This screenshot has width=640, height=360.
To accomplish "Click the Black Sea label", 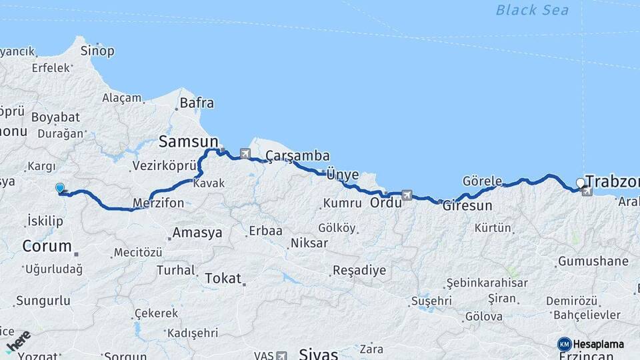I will tap(532, 10).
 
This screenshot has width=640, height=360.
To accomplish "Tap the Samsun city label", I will tap(188, 141).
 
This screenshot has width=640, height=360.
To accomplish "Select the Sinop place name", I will tap(97, 51).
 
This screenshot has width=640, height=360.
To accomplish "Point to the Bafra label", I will tap(197, 103).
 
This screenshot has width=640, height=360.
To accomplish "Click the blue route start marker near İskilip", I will tap(60, 189).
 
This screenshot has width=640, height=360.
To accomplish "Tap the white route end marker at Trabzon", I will tap(580, 182).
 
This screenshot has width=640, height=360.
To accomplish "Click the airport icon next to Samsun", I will tap(245, 154).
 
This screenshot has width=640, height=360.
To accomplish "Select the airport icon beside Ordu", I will tap(407, 195).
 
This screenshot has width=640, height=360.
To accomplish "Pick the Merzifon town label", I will tap(158, 203).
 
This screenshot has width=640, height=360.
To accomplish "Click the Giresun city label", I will tap(467, 205).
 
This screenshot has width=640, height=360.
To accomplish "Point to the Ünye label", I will tap(343, 175).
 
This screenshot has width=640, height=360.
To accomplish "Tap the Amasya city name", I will tap(197, 233).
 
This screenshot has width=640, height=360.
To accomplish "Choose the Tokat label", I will tap(223, 278).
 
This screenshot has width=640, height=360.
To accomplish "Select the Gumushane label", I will tap(593, 261).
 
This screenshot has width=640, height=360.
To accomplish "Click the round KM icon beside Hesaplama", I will tap(564, 344).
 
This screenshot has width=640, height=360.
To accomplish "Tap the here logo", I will tap(17, 341).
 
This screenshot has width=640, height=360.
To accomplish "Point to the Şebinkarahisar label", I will tap(487, 283).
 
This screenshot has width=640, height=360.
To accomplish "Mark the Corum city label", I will tap(47, 245).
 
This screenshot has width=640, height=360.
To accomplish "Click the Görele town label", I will tap(481, 181).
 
